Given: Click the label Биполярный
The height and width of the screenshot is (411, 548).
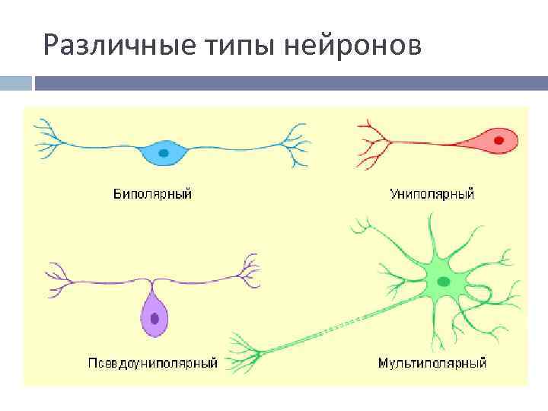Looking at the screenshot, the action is [x=152, y=194].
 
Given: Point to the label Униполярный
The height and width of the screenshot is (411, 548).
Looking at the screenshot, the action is [x=432, y=194].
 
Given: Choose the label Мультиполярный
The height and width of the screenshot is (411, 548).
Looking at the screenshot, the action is [x=432, y=363].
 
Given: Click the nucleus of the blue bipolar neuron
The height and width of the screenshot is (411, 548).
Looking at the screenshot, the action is [x=163, y=152].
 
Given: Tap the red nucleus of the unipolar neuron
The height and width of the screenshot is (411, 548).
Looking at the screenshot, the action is [x=499, y=141].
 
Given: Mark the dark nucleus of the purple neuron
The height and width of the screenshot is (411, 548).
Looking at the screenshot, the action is [x=155, y=318].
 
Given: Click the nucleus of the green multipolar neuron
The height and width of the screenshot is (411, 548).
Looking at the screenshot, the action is [x=442, y=282].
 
